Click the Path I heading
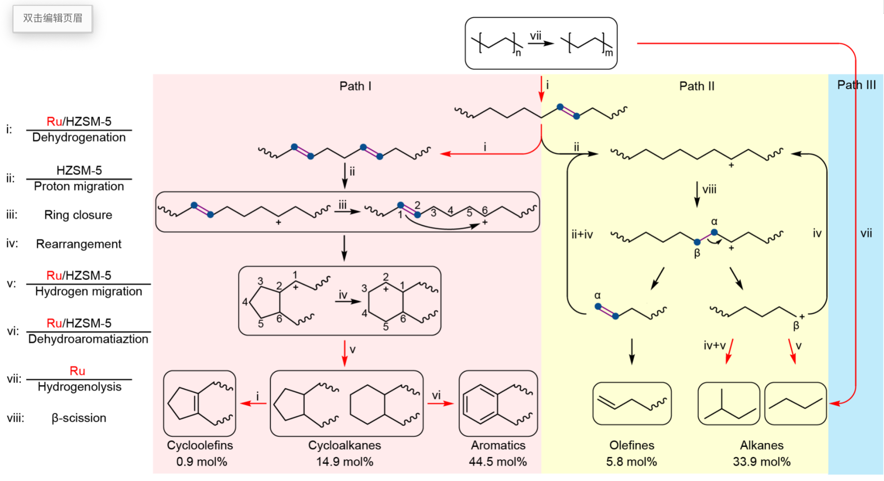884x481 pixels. (355, 86)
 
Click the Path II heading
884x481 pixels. (697, 86)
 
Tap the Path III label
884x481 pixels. (856, 85)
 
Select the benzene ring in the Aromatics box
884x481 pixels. (480, 404)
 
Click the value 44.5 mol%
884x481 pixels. (498, 462)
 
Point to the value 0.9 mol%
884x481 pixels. (202, 462)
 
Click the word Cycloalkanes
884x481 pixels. (344, 445)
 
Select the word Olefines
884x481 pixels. (631, 445)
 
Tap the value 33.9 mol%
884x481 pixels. (761, 462)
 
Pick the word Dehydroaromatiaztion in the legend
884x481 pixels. (88, 339)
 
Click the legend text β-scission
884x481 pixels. (79, 418)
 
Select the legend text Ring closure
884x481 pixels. (78, 215)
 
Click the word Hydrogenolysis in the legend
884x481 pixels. (79, 387)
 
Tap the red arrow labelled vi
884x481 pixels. (440, 403)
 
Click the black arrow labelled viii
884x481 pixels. (697, 194)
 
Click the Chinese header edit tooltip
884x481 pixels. (53, 18)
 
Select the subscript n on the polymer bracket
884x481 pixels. (518, 53)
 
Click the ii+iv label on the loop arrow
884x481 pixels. (582, 234)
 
